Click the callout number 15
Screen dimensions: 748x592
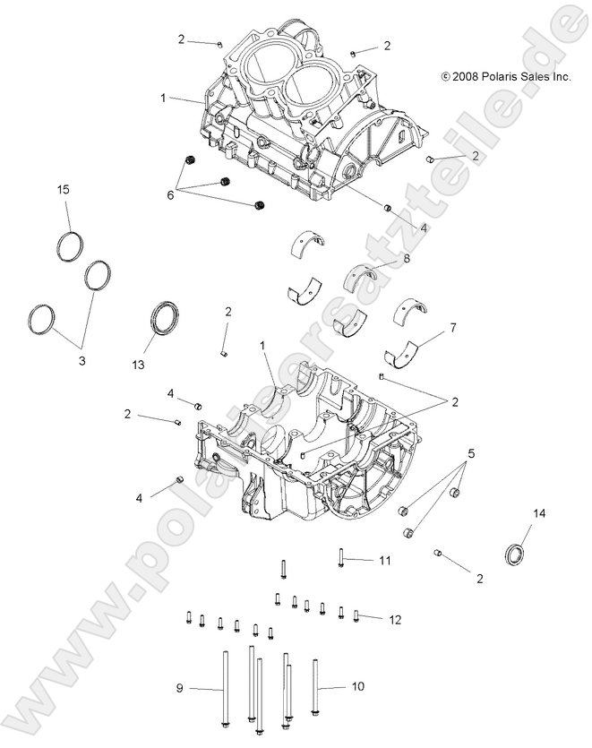point(64,190)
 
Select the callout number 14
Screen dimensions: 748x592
point(539,513)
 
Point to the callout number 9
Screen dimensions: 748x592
point(179,687)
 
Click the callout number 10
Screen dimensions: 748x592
point(357,687)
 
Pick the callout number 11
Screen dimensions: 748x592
point(384,561)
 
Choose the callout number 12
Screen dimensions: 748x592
point(395,618)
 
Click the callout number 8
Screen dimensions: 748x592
point(406,259)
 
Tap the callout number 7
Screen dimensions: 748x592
point(452,328)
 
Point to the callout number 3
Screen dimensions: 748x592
point(82,360)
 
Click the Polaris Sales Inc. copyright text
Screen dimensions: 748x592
point(506,78)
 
